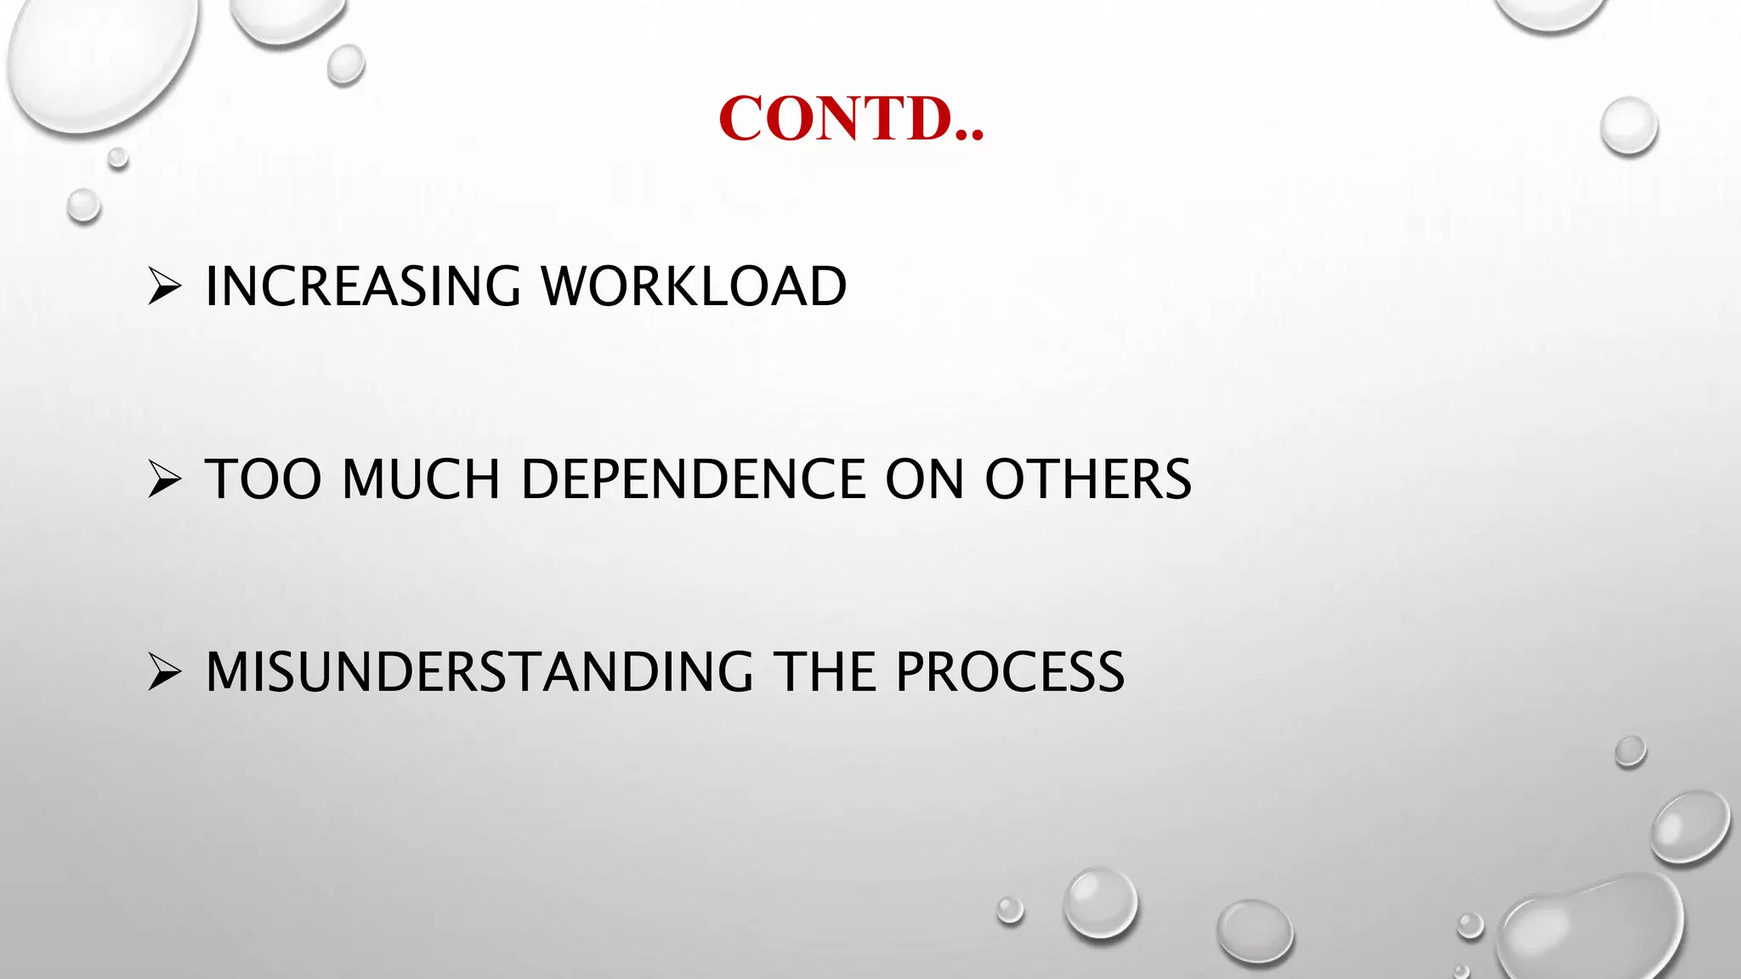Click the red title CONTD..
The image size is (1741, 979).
pos(850,119)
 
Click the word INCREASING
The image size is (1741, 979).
pos(362,286)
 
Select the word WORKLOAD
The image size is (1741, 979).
pos(694,286)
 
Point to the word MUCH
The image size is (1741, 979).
pos(421,479)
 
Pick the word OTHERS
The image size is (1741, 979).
pos(1088,479)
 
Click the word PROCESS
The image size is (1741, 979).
pos(1010,672)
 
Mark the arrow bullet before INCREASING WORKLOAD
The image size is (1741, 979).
pos(163,286)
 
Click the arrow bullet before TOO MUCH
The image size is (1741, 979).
pos(163,479)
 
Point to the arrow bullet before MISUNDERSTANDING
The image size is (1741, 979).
pos(163,672)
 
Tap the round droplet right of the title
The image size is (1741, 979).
pos(1629,127)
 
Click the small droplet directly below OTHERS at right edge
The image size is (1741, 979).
pos(1630,751)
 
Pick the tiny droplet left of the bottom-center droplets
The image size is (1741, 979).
pos(1010,909)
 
